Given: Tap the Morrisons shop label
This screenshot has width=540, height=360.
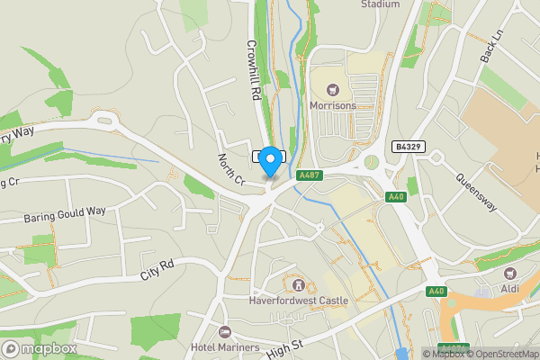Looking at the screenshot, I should [332, 105].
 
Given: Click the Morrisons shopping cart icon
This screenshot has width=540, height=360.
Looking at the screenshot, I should [334, 89].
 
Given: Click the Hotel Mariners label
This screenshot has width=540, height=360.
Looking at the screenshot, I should [224, 347].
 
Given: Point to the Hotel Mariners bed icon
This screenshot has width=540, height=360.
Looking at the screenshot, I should [224, 332].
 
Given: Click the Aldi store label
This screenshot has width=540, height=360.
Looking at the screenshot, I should [510, 290].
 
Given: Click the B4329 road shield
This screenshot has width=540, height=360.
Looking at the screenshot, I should [407, 146].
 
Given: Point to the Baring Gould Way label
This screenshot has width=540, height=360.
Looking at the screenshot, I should [53, 213].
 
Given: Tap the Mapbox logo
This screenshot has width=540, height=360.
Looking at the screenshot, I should [39, 348].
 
